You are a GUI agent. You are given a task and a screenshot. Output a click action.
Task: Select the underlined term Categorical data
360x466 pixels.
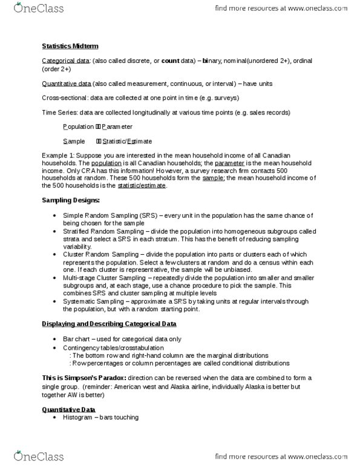point(65,61)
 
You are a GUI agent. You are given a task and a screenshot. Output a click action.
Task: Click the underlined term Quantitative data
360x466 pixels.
point(67,84)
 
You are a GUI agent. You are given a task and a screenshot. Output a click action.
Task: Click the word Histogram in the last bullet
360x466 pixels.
point(80,418)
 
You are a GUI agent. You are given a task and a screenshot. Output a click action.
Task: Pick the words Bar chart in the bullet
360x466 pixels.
point(77,339)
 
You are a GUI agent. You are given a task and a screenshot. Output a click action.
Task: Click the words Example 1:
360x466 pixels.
point(60,156)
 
